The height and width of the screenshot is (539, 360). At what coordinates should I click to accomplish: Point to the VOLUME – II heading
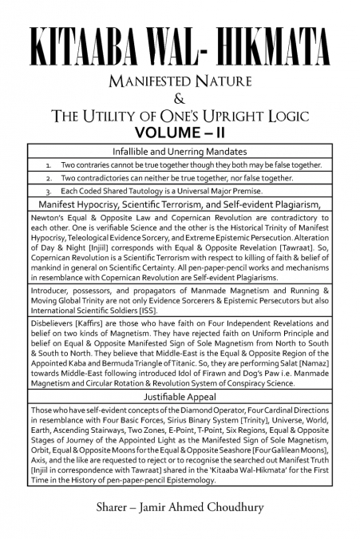[x=180, y=132]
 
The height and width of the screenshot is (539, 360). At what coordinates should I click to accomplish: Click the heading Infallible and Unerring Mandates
[x=180, y=151]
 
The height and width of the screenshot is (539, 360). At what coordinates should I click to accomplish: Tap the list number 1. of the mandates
[x=50, y=164]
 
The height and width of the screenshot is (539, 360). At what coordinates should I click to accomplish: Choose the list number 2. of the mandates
[x=50, y=178]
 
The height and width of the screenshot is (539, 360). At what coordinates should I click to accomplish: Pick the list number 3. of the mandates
[x=50, y=192]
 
